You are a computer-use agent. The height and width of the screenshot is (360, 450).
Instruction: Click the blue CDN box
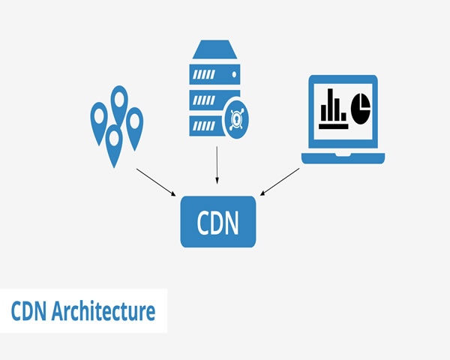click(x=217, y=221)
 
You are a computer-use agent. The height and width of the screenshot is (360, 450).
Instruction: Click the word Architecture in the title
click(x=104, y=311)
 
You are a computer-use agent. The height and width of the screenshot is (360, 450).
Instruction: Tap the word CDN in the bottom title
click(x=29, y=311)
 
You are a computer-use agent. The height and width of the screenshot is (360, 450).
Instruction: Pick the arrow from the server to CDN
click(x=217, y=165)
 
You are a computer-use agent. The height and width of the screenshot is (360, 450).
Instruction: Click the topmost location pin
click(x=119, y=98)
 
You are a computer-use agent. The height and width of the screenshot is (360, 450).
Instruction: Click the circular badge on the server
click(x=239, y=117)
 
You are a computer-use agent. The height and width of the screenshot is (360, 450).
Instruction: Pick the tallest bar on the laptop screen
click(x=333, y=103)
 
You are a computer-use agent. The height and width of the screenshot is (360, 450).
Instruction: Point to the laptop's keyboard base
click(x=343, y=157)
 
